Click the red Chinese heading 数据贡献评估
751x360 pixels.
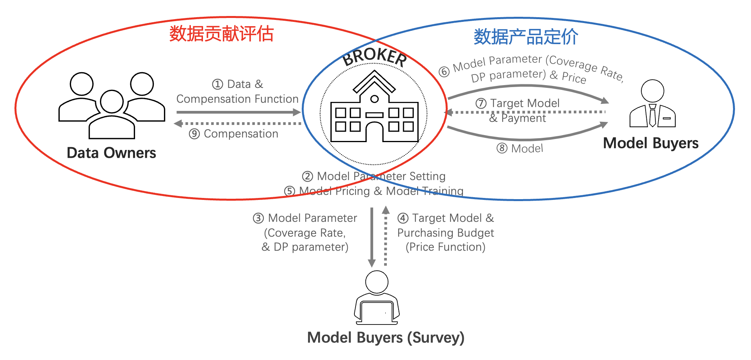tap(221, 34)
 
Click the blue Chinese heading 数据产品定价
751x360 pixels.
tap(525, 37)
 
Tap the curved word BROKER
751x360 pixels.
tap(374, 57)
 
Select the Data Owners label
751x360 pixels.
tap(111, 153)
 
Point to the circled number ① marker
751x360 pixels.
tap(217, 84)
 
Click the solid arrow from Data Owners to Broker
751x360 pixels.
tap(238, 112)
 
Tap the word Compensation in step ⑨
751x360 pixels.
tap(241, 134)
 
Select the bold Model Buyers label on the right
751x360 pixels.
tap(650, 143)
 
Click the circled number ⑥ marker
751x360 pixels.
tap(444, 72)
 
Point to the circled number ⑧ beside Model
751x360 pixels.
tap(502, 148)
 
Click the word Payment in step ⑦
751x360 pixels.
tap(523, 118)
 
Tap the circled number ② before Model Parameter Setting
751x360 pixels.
tap(308, 176)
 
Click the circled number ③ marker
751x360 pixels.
tap(258, 218)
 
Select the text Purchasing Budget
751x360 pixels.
tap(445, 233)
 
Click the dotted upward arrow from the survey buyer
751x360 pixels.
tap(386, 236)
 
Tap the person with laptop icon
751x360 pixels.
tap(377, 299)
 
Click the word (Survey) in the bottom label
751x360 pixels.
tap(436, 338)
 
